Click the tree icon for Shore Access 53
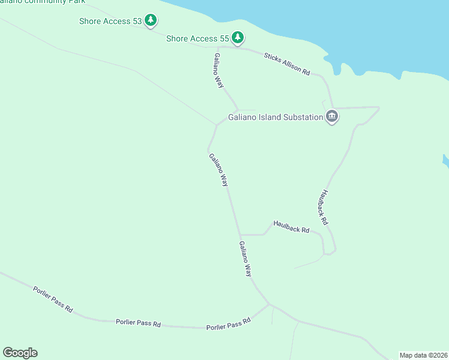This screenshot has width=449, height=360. point(151,21)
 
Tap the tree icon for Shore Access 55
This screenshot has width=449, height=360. point(238,38)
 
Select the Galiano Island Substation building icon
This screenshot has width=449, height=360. point(332,116)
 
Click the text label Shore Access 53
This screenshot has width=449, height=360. point(110,22)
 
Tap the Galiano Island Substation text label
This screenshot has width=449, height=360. point(276,118)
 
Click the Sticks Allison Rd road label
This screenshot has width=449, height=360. point(287,64)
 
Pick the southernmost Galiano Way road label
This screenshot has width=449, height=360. point(246,259)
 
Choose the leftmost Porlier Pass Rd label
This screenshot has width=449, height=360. point(53,299)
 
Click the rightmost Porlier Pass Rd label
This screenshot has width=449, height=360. point(228,324)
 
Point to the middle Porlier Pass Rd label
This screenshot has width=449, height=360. point(138,323)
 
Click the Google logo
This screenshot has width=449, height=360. point(20,353)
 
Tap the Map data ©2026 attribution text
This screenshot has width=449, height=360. point(424,355)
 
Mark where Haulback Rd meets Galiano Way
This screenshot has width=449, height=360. point(240,235)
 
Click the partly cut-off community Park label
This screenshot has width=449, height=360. point(42,2)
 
